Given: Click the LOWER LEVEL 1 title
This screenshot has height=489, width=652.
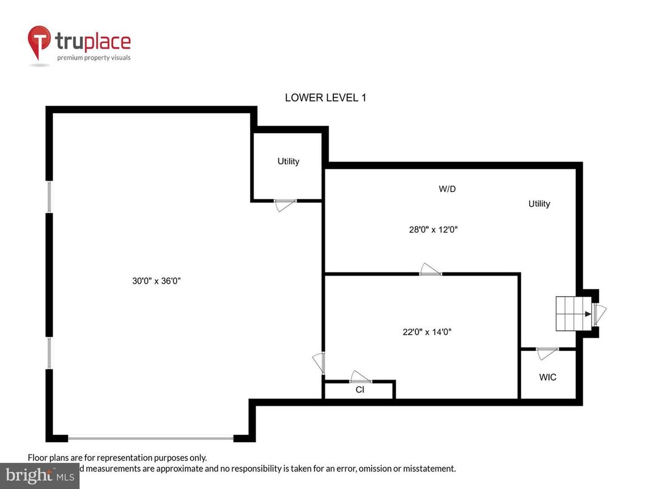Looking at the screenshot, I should tap(325, 97).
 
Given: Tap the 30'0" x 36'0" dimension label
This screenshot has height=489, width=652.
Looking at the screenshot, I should tap(157, 281).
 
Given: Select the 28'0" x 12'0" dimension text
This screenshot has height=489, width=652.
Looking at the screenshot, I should tap(432, 230).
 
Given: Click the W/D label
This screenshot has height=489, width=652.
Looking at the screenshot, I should tap(447, 189).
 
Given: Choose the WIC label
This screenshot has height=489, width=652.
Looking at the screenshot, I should tap(547, 377).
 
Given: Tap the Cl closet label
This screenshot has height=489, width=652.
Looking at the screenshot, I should tap(359, 390).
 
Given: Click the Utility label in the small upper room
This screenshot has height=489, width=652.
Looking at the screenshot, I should tap(288, 161).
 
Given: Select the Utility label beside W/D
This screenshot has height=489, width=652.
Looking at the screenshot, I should tap(539, 204).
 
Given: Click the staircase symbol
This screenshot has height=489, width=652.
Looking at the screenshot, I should tap(572, 314).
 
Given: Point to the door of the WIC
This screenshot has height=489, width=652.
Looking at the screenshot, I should tap(547, 351).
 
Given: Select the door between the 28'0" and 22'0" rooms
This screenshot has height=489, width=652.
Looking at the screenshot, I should tap(431, 271).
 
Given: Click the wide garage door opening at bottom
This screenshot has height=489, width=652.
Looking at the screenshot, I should tap(151, 437).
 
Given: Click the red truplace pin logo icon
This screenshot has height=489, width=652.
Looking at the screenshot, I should tap(40, 43).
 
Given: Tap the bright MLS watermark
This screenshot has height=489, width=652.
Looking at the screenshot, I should tap(40, 475).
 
